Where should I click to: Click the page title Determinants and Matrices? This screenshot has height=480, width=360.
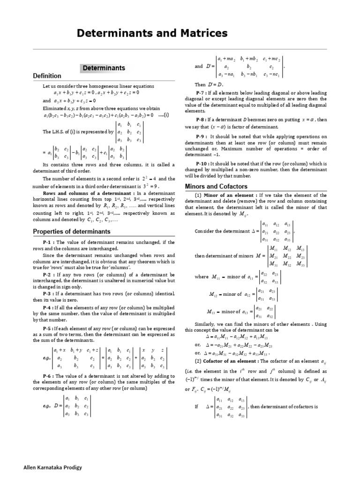click(145, 33)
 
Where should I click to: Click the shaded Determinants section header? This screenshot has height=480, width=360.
click(104, 68)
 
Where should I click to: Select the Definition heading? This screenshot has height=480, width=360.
click(47, 76)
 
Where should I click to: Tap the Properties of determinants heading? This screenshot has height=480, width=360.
click(72, 232)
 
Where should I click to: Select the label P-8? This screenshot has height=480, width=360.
click(201, 120)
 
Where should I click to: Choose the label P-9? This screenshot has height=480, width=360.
click(201, 135)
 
